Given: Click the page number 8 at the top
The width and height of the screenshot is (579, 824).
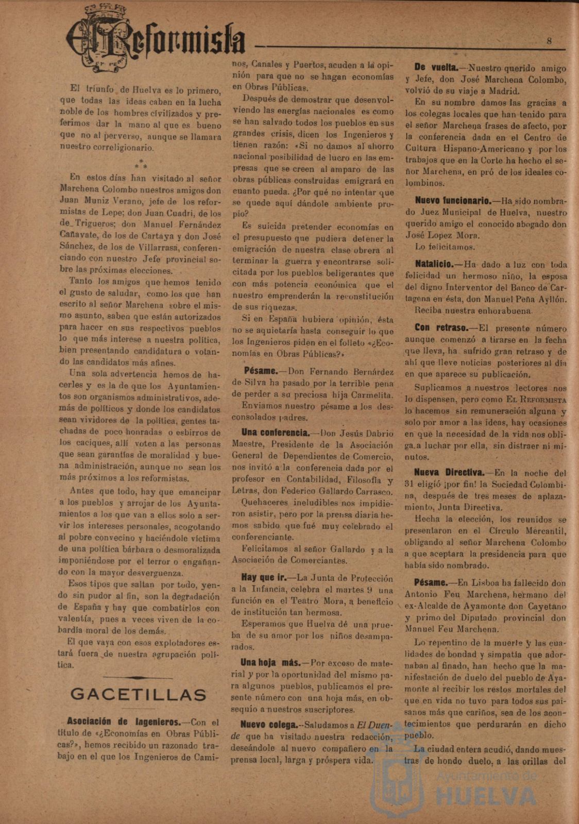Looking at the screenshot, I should (x=549, y=41).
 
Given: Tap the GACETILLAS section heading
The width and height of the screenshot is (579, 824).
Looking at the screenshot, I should (x=139, y=695).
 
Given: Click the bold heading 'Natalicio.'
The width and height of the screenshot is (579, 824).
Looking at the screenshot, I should (x=434, y=264).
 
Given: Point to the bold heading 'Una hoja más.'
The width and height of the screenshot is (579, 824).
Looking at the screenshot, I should (x=270, y=663).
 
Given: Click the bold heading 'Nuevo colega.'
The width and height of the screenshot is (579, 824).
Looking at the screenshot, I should (x=268, y=725).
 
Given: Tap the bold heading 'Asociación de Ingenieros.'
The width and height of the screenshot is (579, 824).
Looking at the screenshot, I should (x=124, y=722).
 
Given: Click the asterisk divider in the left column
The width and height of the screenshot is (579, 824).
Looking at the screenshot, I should (x=141, y=164).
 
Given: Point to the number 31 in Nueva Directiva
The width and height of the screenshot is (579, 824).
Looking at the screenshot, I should (x=410, y=484).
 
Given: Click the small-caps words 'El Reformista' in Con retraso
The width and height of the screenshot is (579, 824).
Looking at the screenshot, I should (x=536, y=400).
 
